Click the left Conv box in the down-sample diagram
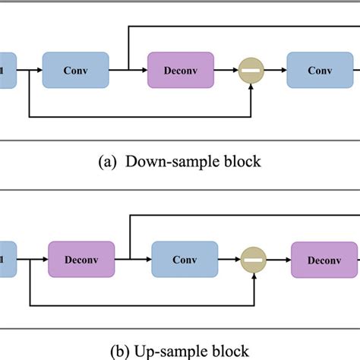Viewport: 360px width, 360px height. tap(75, 70)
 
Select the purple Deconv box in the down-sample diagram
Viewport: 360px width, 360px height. tap(180, 70)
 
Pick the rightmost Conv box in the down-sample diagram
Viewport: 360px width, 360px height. tap(320, 70)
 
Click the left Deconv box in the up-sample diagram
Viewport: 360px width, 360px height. tap(81, 260)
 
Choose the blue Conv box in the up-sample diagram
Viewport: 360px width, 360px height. tap(185, 260)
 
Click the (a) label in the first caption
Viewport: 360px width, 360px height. tap(109, 161)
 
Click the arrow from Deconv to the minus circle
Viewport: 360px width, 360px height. tap(226, 70)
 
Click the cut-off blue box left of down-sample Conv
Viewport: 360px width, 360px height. tap(6, 70)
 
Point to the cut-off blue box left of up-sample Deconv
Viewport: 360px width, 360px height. tap(6, 260)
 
